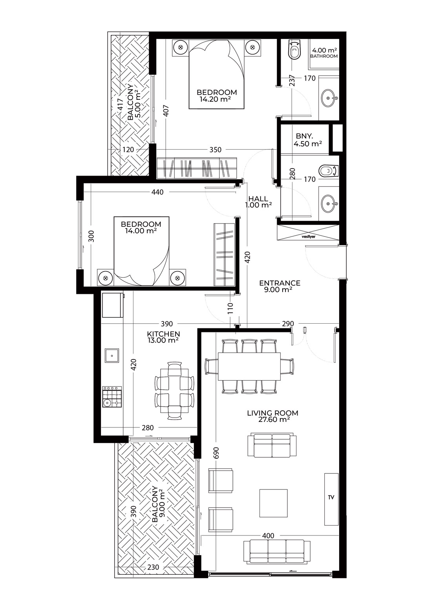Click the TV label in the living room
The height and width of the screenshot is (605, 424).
[331, 497]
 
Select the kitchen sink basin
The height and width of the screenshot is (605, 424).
[111, 356]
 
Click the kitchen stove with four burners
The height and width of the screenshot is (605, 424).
[112, 397]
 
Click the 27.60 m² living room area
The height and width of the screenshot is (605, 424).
[273, 420]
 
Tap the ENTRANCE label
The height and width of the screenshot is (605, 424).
[280, 283]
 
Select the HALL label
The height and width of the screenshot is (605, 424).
[258, 199]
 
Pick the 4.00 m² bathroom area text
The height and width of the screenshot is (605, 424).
[324, 50]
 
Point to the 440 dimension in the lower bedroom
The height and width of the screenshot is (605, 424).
[157, 192]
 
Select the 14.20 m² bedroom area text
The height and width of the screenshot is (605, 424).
[215, 99]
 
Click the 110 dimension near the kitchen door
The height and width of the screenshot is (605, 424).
[230, 308]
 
